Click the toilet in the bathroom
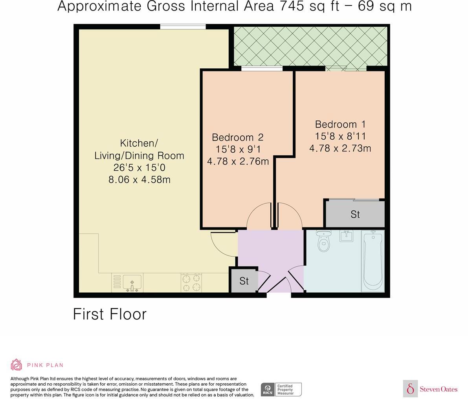point(323,241)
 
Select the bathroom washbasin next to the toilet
point(346,236)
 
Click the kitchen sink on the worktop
point(132,282)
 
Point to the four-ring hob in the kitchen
point(191,282)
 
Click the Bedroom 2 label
point(237,137)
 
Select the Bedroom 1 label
point(340,124)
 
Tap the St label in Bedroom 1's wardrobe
point(355,215)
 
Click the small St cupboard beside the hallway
point(244,281)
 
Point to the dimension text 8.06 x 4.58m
point(139,180)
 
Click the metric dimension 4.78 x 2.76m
point(238,161)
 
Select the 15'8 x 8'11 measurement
point(340,136)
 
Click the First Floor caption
point(110,314)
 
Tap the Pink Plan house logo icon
point(17,364)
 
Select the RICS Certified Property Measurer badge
point(281,389)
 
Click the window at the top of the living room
point(183,27)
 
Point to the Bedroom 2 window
point(262,69)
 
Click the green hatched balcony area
point(310,46)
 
